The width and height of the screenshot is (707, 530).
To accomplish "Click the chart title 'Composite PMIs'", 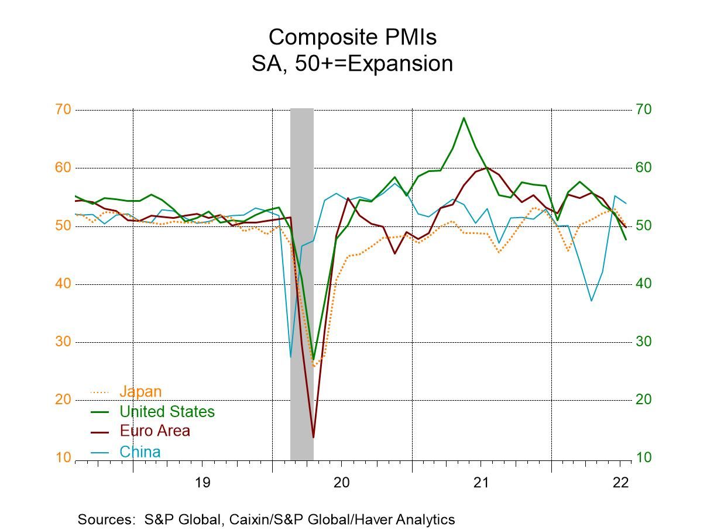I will (x=352, y=37).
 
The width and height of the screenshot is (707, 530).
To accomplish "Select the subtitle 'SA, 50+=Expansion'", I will (x=352, y=63).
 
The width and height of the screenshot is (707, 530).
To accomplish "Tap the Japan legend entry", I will (x=140, y=391).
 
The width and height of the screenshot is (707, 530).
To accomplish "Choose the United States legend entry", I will (x=167, y=412).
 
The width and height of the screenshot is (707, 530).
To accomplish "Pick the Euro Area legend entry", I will (x=155, y=431).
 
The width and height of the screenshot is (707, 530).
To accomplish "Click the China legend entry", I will (x=139, y=452).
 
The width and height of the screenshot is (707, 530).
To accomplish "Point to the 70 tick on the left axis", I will (x=63, y=109).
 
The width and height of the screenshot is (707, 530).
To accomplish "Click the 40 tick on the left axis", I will (x=63, y=284).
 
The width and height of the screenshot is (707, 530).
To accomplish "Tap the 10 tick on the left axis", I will (x=63, y=457).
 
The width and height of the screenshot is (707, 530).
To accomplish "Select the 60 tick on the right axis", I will (x=644, y=168).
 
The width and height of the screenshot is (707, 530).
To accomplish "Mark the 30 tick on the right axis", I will (x=644, y=342).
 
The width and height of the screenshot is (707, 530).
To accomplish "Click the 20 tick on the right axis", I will (x=644, y=400).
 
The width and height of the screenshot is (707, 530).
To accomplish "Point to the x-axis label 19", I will (x=202, y=483).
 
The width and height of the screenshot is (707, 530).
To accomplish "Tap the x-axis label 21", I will (x=481, y=483).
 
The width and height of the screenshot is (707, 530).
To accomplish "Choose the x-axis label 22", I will (x=620, y=483).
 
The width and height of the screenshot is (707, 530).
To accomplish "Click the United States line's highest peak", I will (x=464, y=118).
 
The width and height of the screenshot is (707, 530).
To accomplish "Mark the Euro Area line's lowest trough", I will (x=313, y=437).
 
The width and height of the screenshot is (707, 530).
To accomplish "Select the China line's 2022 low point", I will (x=592, y=301).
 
